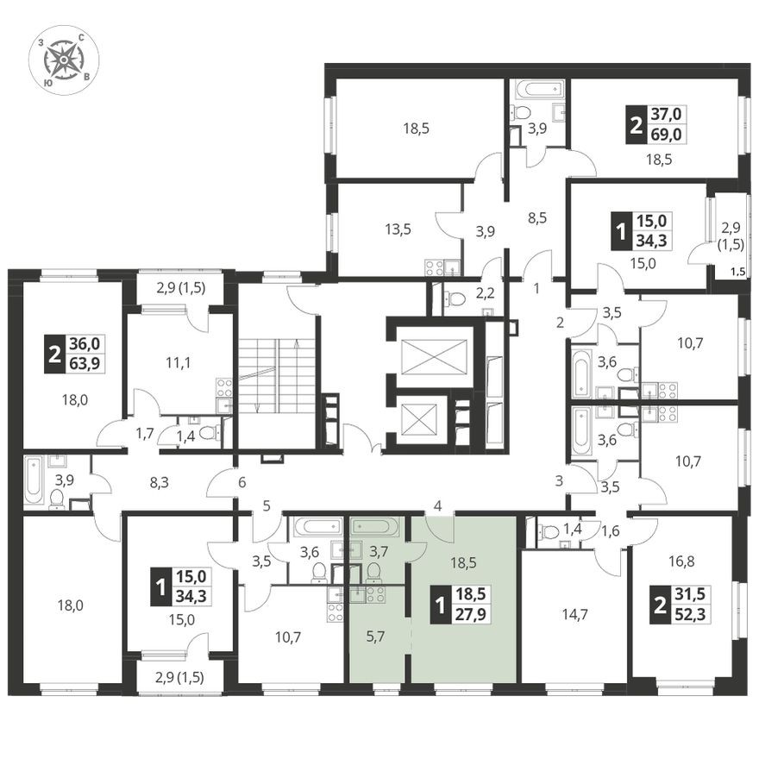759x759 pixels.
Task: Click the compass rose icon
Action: [x=64, y=60]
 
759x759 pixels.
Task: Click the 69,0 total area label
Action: [x=668, y=134]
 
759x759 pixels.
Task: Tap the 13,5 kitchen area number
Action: [x=398, y=229]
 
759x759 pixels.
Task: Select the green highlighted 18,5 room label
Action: [x=464, y=563]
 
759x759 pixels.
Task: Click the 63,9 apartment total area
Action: [x=85, y=362]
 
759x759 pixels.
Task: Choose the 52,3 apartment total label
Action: [x=690, y=615]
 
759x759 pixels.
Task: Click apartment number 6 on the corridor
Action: [x=242, y=482]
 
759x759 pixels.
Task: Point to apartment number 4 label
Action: [x=438, y=506]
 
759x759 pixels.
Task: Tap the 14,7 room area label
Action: [x=574, y=615]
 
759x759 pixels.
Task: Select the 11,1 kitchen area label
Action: [x=178, y=362]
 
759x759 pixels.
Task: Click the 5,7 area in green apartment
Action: [x=376, y=637]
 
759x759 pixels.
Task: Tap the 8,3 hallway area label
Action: [x=160, y=482]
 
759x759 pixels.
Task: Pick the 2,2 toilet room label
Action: [x=485, y=293]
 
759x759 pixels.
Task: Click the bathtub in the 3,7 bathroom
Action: [x=376, y=526]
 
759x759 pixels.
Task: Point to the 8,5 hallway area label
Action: [x=536, y=218]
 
